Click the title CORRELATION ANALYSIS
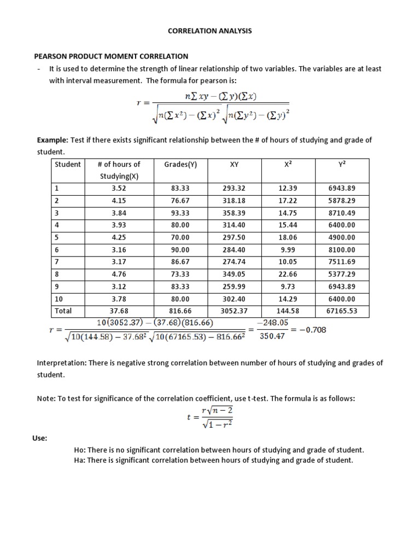(210, 31)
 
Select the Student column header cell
(68, 164)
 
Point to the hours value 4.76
(119, 273)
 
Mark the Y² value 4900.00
(341, 237)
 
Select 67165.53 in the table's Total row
(341, 311)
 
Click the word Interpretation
(59, 363)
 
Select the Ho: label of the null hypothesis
(80, 450)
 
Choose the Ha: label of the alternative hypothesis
(80, 460)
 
